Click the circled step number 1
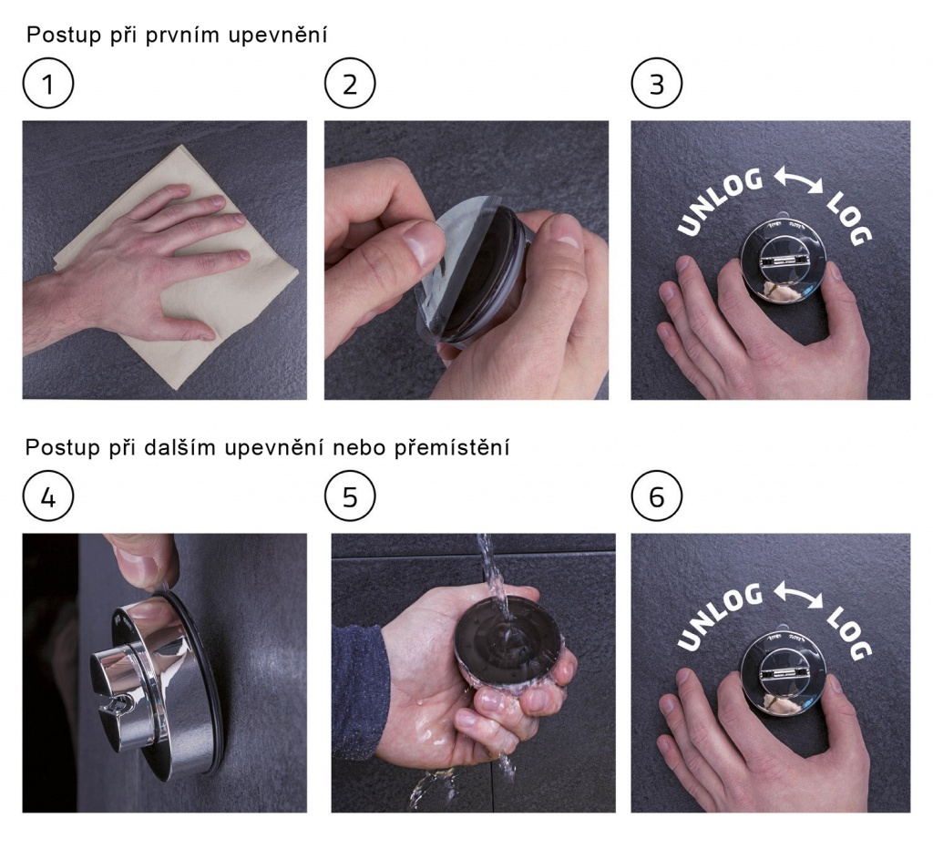coord(48,83)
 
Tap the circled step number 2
coord(350,83)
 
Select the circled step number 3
coord(656,83)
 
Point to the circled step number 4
coord(48,496)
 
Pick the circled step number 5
coord(350,496)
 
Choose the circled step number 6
coord(656,496)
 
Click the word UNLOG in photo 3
coord(720,201)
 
